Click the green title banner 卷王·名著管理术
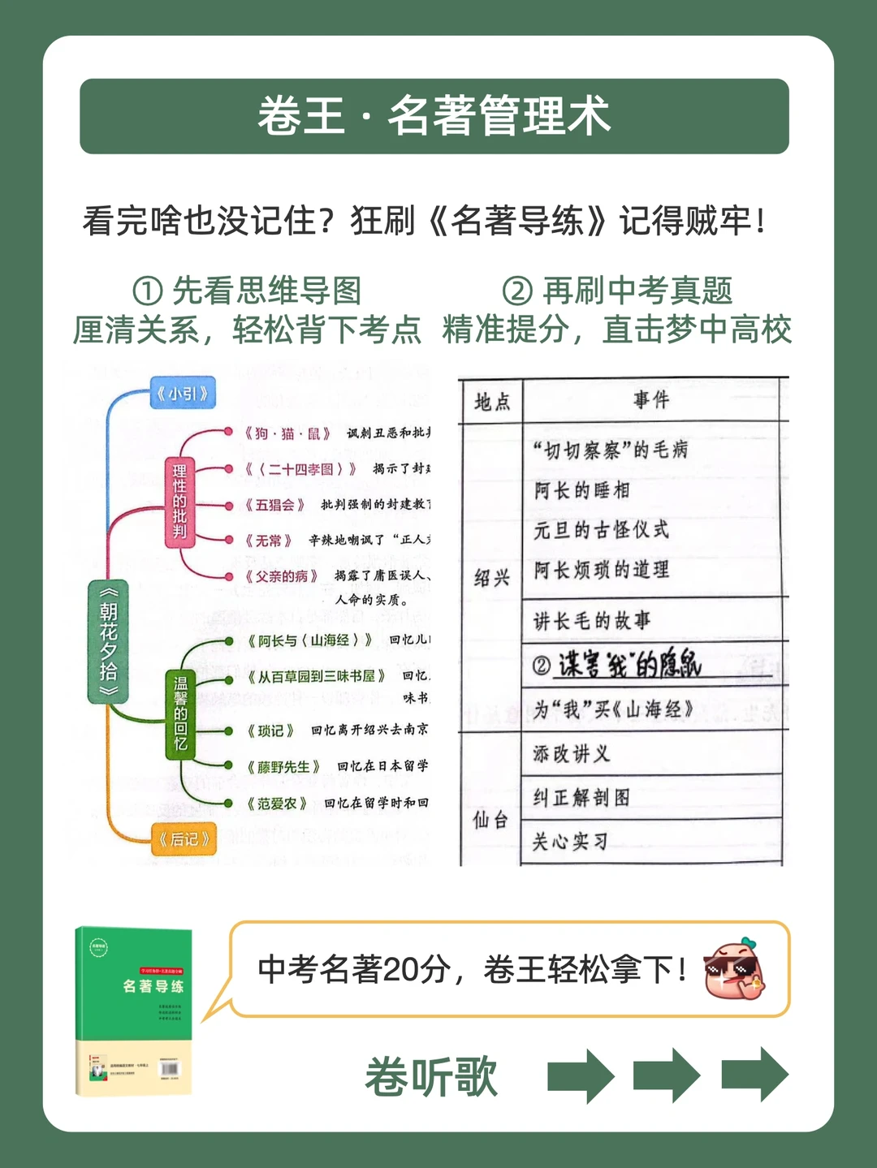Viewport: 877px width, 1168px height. pos(434,116)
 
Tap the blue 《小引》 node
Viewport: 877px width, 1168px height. pos(182,394)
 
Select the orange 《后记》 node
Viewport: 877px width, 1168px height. pos(184,838)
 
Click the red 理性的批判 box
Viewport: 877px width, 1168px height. pos(179,501)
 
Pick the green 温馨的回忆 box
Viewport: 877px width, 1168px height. pos(180,714)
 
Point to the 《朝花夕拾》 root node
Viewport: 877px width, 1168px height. pos(109,640)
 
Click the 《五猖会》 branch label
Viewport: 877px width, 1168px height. pos(275,505)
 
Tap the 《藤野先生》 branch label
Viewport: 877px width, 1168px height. pos(283,767)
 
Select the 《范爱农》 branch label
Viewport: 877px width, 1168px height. pos(277,804)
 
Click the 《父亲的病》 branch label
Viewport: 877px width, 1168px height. pos(281,576)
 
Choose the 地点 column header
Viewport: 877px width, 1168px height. pos(492,401)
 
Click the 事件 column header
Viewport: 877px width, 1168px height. pos(651,399)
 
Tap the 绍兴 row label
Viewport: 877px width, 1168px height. pos(491,578)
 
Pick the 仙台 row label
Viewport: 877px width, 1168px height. pos(490,820)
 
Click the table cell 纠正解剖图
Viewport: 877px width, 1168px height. pos(581,798)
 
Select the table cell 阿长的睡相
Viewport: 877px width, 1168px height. pos(581,490)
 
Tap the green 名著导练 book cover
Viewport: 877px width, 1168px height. pos(134,1011)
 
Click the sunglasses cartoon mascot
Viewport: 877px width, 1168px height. pos(734,969)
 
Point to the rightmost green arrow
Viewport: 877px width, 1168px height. pos(754,1074)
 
